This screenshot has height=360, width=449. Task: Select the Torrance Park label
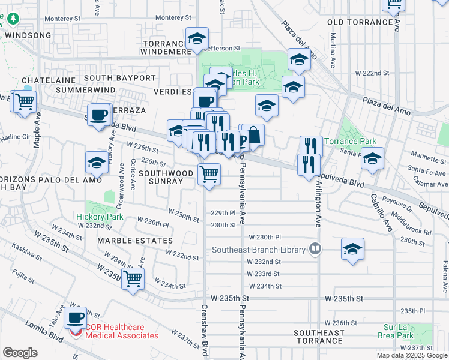pyautogui.click(x=351, y=142)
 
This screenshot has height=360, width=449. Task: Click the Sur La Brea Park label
pyautogui.click(x=403, y=332)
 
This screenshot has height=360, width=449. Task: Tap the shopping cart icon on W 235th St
pyautogui.click(x=133, y=278)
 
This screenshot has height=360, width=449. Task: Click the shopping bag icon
pyautogui.click(x=253, y=134)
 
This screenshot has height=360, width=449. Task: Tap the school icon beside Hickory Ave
pyautogui.click(x=97, y=161)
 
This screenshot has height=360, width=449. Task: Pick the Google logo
pyautogui.click(x=20, y=352)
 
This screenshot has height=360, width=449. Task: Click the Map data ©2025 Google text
pyautogui.click(x=412, y=355)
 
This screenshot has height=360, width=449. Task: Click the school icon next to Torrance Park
pyautogui.click(x=372, y=159)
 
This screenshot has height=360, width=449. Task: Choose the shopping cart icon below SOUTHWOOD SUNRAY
pyautogui.click(x=209, y=175)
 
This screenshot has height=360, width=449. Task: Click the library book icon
pyautogui.click(x=314, y=248)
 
